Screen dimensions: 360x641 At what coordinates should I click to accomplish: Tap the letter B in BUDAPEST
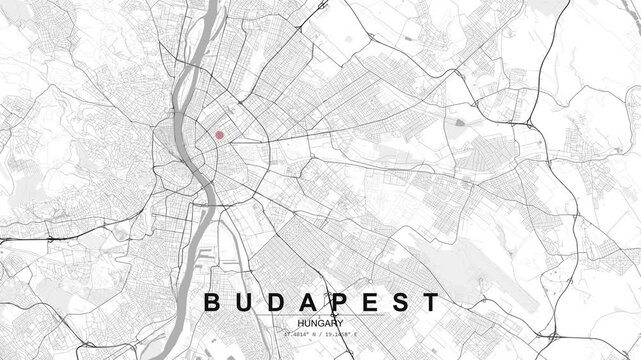pos(212,302)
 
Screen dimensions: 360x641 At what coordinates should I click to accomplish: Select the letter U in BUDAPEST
pos(244,302)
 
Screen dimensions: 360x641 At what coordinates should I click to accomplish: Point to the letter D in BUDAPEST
pos(275,302)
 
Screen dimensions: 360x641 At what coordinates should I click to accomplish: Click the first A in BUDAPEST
pos(307,302)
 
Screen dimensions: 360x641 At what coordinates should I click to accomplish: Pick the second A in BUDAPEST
pos(307,302)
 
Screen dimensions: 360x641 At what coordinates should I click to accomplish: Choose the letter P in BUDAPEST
pos(338,302)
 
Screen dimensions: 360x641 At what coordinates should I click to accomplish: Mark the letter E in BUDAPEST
pos(368,302)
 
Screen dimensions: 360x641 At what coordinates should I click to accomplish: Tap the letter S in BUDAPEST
pos(399,302)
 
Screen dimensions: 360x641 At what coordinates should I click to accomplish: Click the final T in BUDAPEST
pos(429,302)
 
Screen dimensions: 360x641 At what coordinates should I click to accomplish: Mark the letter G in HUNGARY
pos(320,323)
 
